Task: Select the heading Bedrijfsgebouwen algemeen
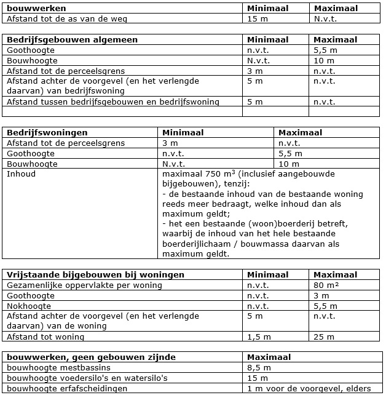tap(72, 40)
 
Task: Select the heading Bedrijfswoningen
tap(47, 132)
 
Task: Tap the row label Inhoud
tap(21, 174)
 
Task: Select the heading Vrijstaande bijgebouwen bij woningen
tap(88, 275)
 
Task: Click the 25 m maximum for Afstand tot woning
tap(324, 337)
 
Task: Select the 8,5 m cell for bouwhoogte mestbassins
tap(258, 367)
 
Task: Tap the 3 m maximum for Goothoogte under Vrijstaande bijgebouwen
tap(320, 296)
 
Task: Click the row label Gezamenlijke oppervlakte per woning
tap(84, 285)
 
